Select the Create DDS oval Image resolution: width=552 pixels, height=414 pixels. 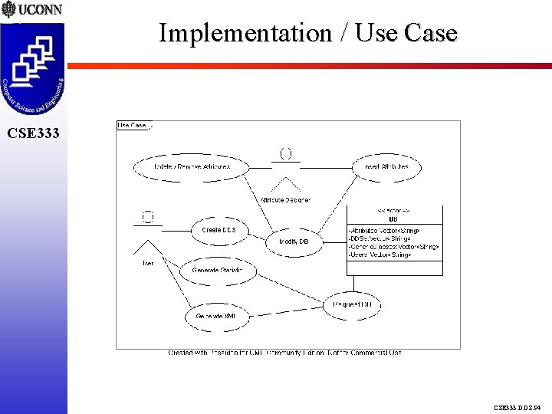tap(219, 230)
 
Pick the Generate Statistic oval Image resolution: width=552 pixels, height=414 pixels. tap(219, 270)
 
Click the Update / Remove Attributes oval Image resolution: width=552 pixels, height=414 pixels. tap(192, 166)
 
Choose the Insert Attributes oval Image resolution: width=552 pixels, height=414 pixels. tap(387, 166)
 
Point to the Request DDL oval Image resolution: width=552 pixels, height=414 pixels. tap(353, 305)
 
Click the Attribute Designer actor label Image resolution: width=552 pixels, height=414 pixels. tap(285, 200)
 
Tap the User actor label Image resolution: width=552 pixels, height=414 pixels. tap(147, 263)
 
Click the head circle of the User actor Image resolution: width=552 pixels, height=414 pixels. tap(148, 218)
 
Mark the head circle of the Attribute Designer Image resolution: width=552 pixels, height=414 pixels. tap(285, 154)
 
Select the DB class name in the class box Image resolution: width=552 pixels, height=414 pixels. tap(394, 219)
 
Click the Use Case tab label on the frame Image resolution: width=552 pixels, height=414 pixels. tap(132, 125)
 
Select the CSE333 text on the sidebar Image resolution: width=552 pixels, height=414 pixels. tap(33, 133)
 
